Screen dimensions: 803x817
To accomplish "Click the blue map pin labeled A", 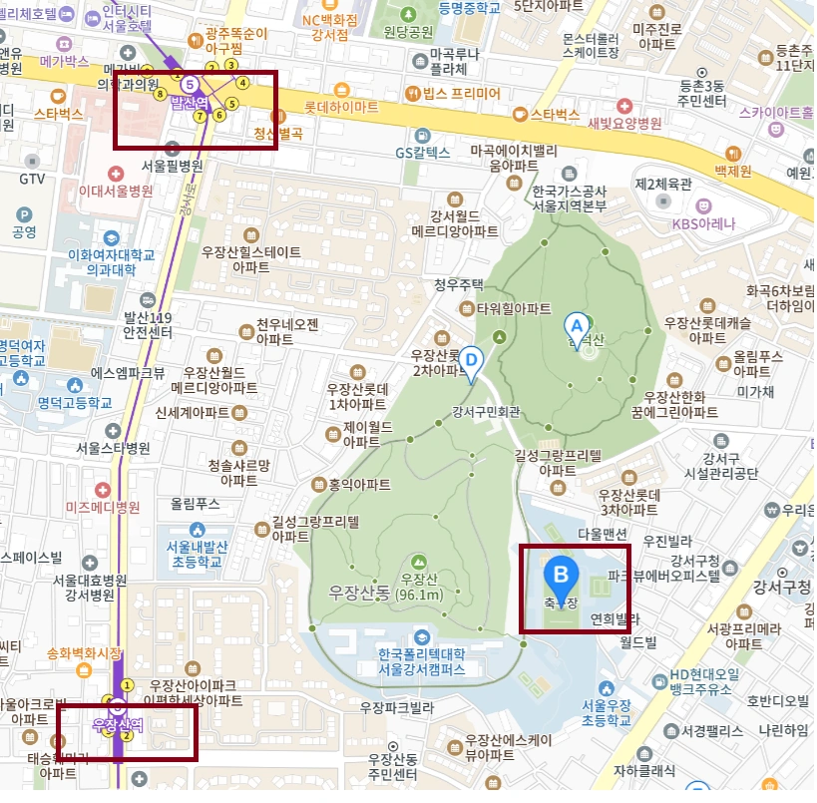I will [576, 326].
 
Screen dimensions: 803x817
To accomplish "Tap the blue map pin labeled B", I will [561, 576].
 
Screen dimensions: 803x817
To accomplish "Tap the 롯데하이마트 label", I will [341, 106].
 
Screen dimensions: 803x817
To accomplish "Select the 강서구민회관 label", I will [486, 410].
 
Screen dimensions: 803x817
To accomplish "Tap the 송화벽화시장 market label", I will [84, 653].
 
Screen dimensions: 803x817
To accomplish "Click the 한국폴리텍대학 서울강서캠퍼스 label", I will [422, 659].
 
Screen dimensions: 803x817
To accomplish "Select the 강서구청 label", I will [785, 587].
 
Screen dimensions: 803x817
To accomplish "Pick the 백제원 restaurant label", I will [732, 171].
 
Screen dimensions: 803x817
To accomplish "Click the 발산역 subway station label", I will [189, 101].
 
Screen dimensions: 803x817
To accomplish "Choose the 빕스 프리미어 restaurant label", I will [461, 94].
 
